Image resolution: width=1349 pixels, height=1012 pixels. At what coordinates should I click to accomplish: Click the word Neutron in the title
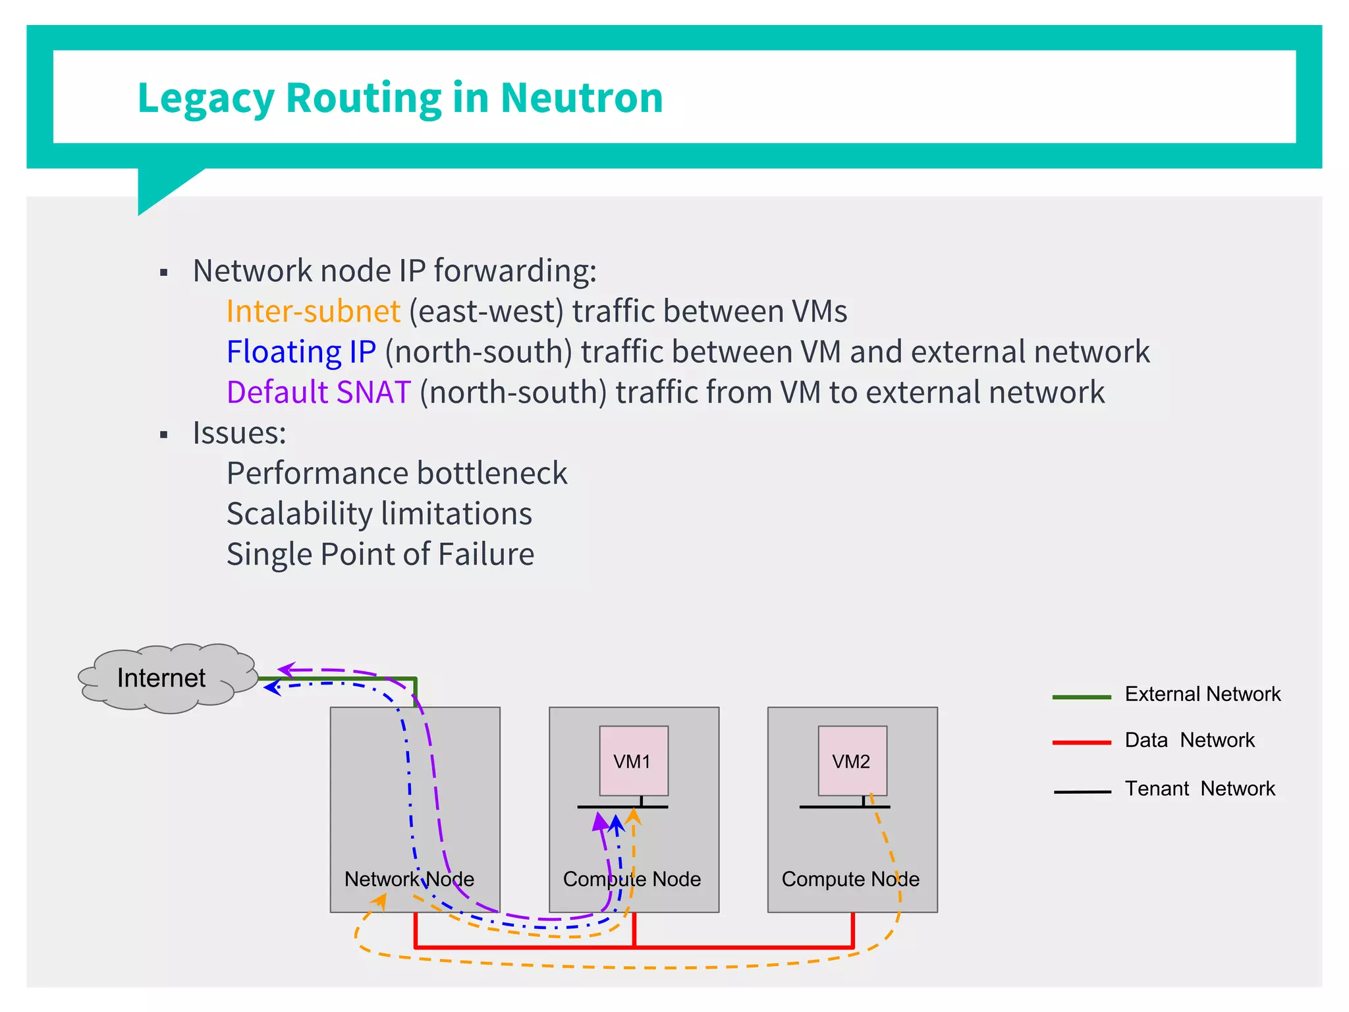(581, 98)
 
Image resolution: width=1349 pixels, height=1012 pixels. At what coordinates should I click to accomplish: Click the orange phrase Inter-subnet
(313, 311)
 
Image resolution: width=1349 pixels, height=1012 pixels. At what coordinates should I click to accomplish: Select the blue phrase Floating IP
(301, 352)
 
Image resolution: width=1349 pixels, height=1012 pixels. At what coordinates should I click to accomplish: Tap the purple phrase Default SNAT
(319, 392)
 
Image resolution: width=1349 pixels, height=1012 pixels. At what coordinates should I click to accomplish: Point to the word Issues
(238, 433)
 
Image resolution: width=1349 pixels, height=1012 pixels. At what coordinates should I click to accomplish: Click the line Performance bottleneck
(397, 473)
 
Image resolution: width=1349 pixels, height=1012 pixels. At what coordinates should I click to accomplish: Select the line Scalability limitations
(379, 514)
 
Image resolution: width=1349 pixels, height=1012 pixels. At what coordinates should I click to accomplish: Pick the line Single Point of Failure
(380, 554)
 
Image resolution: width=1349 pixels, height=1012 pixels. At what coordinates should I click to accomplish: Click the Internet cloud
(161, 678)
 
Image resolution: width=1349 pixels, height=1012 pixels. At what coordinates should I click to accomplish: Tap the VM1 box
(633, 761)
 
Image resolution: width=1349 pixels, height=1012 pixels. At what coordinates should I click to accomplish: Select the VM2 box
(852, 761)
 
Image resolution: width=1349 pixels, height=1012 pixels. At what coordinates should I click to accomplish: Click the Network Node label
(409, 879)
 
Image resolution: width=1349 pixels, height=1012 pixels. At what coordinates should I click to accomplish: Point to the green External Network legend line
(1081, 696)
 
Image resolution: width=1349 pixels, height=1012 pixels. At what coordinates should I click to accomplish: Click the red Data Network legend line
(1081, 743)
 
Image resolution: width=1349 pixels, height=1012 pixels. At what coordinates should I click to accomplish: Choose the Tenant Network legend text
(1199, 789)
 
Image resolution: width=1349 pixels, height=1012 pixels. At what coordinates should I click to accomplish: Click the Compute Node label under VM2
(850, 879)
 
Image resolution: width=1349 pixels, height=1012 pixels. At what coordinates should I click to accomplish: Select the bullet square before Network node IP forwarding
(164, 273)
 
